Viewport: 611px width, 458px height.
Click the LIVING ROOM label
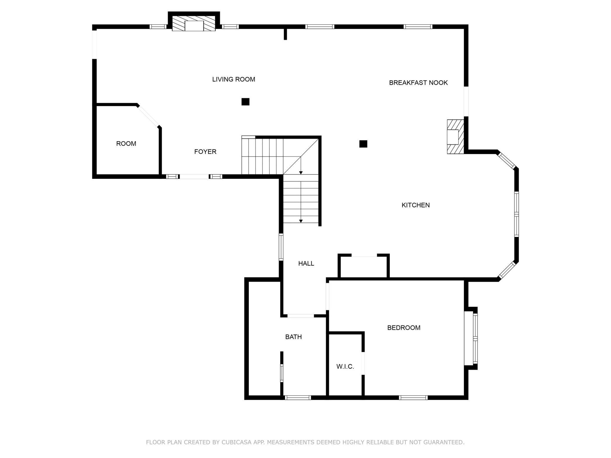pyautogui.click(x=234, y=79)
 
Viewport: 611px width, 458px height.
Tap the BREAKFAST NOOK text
pyautogui.click(x=418, y=83)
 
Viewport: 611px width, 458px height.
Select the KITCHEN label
pyautogui.click(x=415, y=205)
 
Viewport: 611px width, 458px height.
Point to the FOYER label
pyautogui.click(x=205, y=152)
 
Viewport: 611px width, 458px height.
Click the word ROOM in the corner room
pyautogui.click(x=126, y=144)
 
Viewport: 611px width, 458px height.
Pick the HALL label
pyautogui.click(x=306, y=264)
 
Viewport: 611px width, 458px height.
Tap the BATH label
pyautogui.click(x=293, y=337)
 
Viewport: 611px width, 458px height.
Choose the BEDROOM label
pyautogui.click(x=404, y=328)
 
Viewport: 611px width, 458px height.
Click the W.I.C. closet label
pyautogui.click(x=345, y=367)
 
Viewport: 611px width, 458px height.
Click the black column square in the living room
pyautogui.click(x=245, y=102)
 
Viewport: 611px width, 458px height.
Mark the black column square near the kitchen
pyautogui.click(x=363, y=144)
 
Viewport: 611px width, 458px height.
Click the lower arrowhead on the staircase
pyautogui.click(x=301, y=221)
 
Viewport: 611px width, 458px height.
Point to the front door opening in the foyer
pyautogui.click(x=194, y=176)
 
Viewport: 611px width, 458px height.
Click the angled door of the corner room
pyautogui.click(x=149, y=116)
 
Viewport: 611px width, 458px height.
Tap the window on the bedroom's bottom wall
pyautogui.click(x=413, y=398)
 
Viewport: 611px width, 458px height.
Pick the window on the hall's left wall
pyautogui.click(x=281, y=247)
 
